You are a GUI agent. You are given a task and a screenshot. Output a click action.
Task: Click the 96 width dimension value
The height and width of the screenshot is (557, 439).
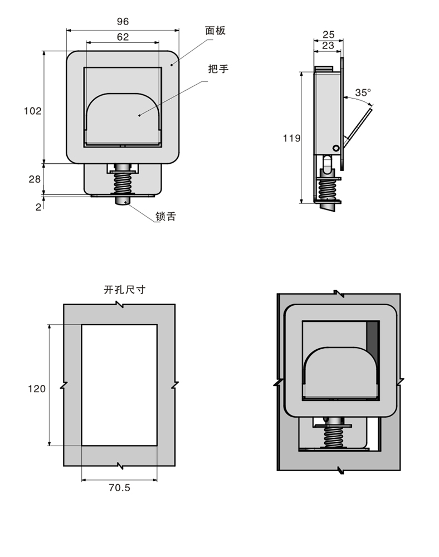123,21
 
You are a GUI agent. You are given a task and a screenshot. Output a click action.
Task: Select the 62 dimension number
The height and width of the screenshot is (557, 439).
123,37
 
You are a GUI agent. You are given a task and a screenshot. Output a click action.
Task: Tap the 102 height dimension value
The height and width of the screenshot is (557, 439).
32,111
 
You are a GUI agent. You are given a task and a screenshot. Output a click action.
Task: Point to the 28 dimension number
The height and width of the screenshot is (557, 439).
35,179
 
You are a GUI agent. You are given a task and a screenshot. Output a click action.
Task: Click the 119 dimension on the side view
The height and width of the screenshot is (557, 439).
291,138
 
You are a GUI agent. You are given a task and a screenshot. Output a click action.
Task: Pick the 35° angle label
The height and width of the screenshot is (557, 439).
363,92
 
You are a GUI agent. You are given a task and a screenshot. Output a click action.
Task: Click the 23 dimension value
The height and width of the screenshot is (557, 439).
328,46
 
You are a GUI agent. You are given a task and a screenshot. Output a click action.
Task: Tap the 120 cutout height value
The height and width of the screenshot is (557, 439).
37,389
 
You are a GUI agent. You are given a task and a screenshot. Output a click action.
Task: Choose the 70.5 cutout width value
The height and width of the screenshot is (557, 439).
119,487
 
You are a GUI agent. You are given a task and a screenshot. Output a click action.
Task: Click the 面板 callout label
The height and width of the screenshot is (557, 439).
215,31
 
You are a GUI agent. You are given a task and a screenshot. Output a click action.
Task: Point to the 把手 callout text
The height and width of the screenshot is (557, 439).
218,69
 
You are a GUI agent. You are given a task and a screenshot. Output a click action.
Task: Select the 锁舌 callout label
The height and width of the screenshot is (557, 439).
165,216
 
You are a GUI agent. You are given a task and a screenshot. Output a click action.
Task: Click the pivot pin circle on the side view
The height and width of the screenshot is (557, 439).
336,148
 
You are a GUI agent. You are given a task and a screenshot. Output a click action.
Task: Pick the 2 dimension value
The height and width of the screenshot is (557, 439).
38,207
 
